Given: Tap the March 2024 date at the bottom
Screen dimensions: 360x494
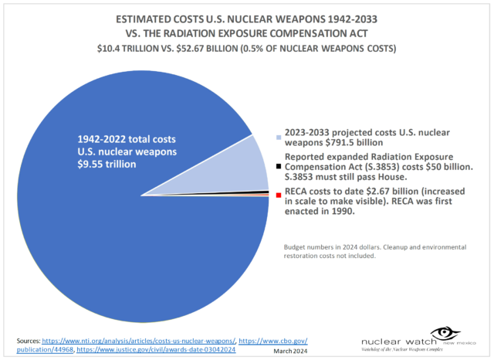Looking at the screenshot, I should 291,351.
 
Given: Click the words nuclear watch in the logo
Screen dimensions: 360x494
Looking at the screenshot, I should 390,339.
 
